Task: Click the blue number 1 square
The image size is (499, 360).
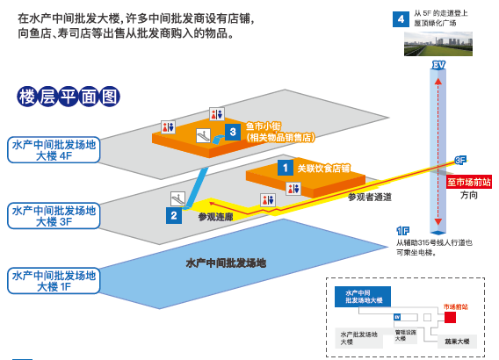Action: [x=284, y=166]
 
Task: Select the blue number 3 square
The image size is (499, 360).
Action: [x=232, y=132]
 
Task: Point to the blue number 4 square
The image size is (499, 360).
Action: [x=400, y=18]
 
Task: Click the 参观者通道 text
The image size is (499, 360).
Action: [x=369, y=197]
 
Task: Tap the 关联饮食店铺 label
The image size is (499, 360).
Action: [x=323, y=168]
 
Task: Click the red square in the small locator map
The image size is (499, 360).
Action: [x=450, y=317]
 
